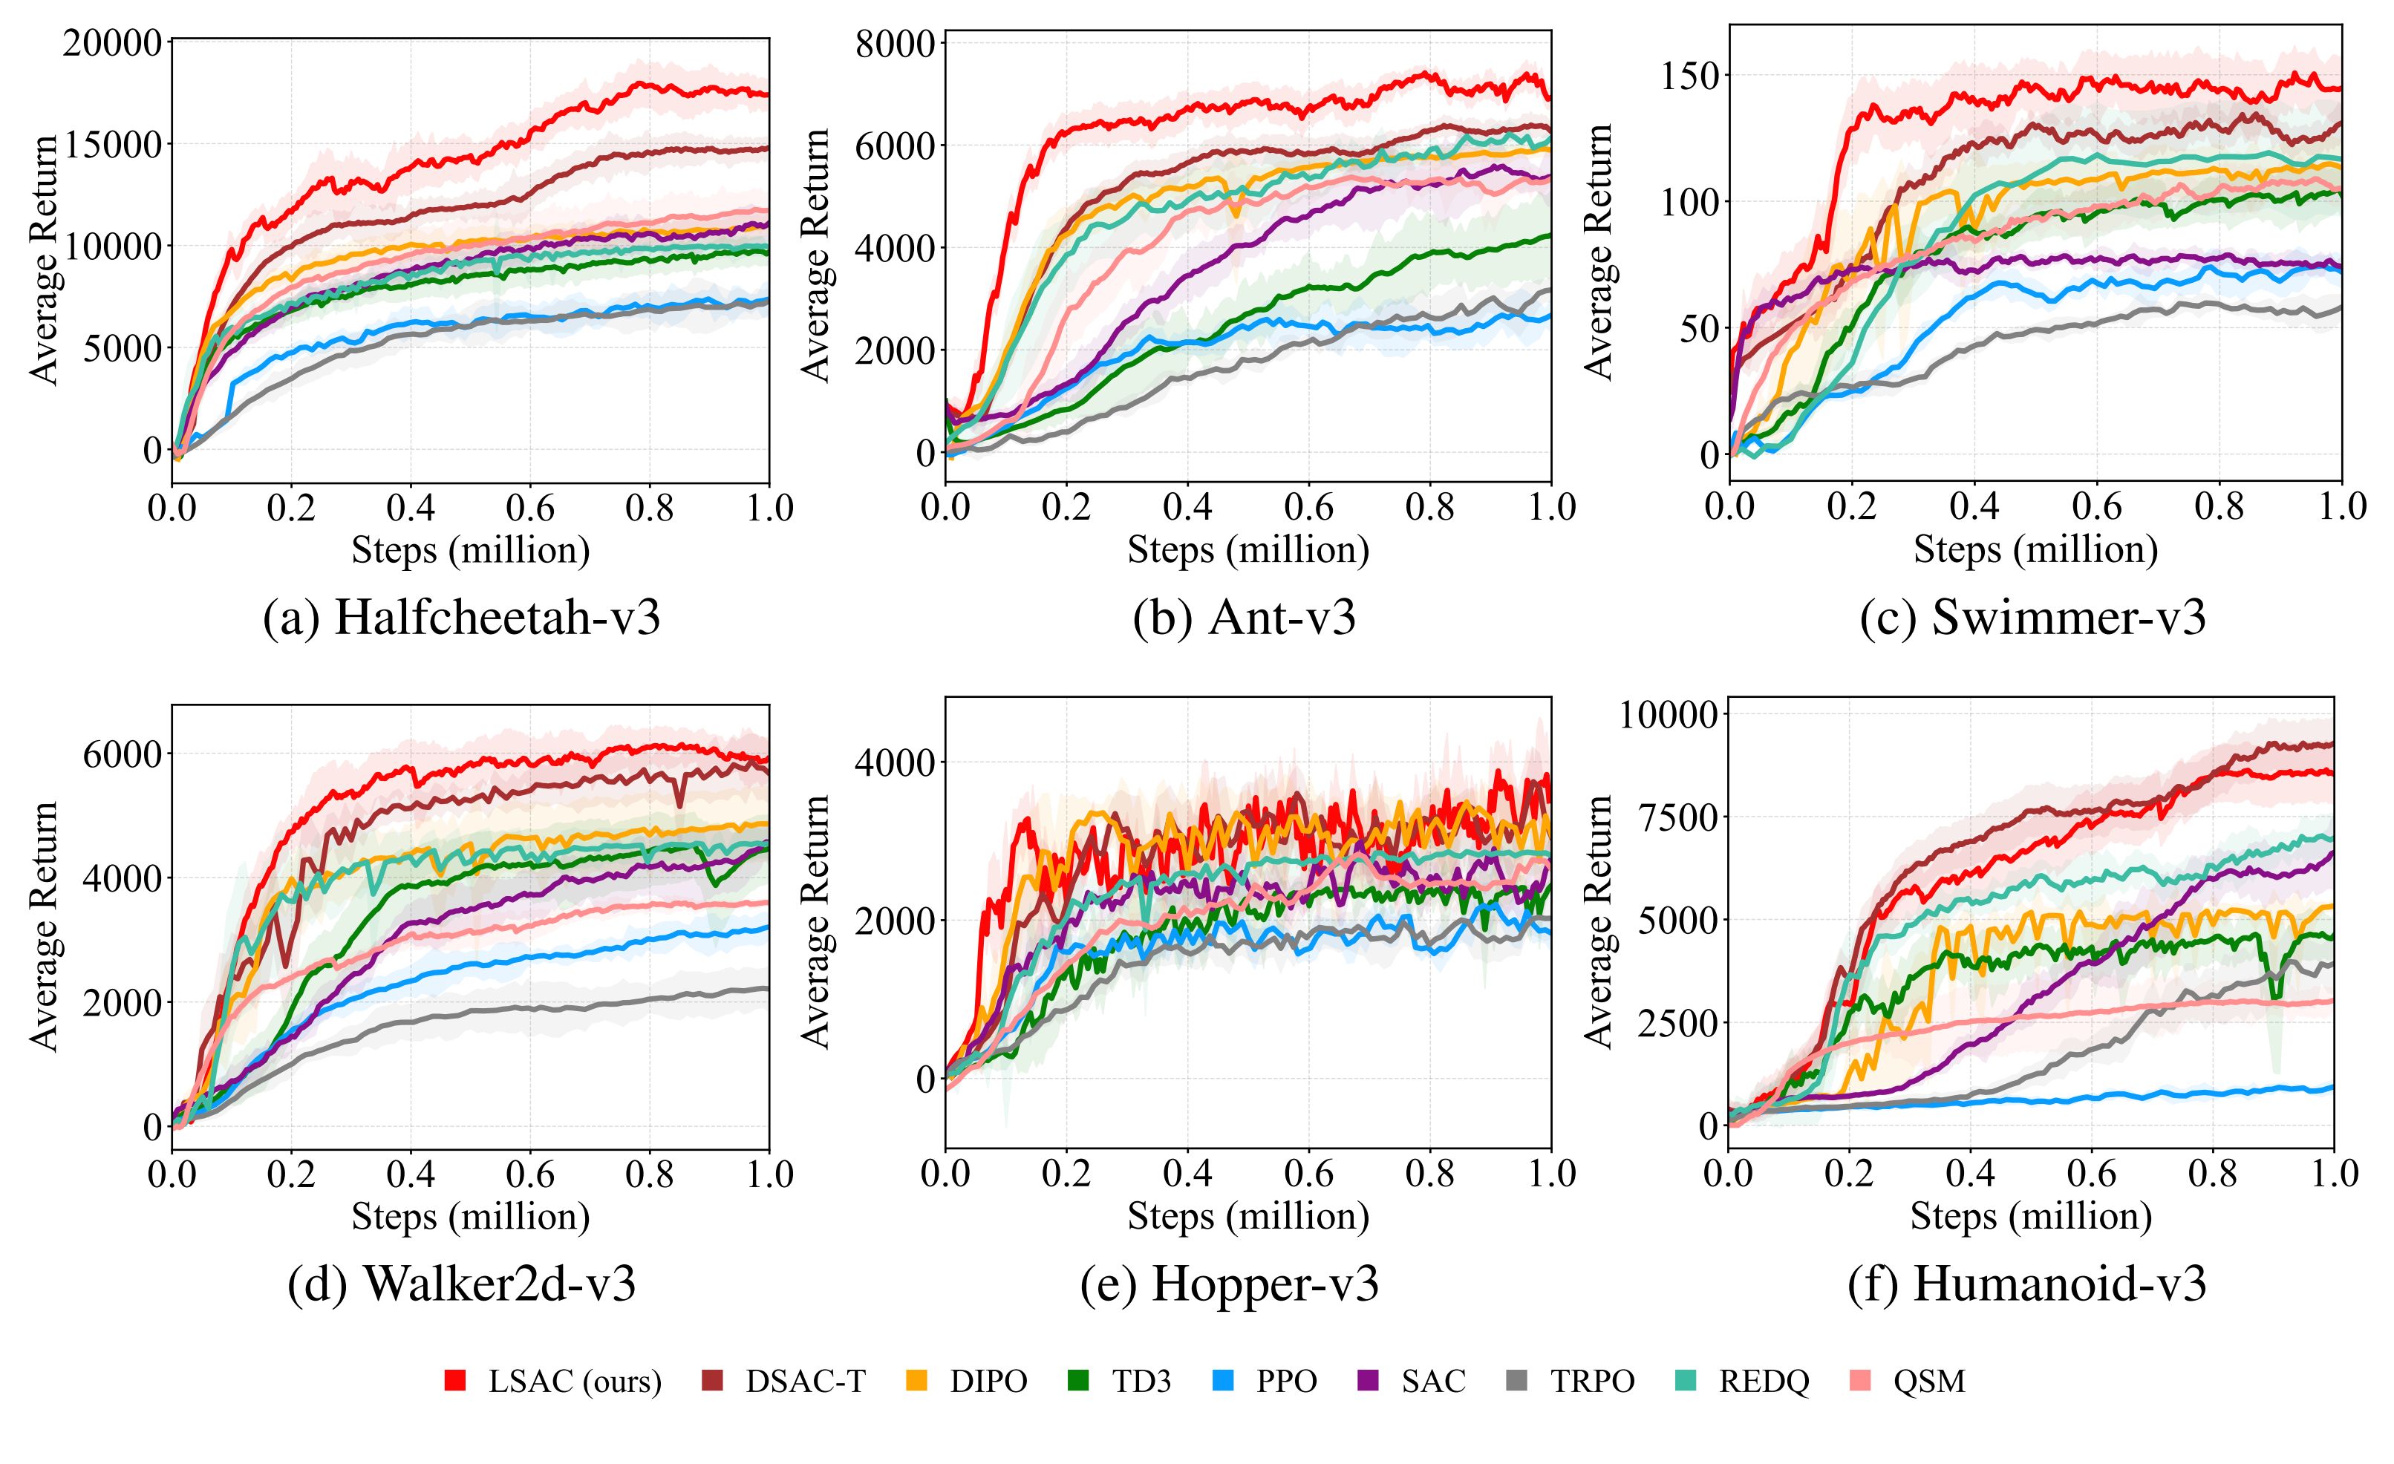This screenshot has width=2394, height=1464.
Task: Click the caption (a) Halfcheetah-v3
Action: pos(462,618)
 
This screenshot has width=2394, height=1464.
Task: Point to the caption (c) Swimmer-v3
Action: pos(2032,618)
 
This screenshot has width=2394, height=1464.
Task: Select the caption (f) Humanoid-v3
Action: pos(2026,1284)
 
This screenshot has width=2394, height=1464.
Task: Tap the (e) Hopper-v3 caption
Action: pos(1229,1284)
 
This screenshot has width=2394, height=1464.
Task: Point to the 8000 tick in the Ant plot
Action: pos(895,45)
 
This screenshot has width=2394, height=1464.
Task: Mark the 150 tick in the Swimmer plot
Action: pos(1689,76)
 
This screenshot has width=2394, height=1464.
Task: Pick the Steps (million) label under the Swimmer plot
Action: pos(2035,550)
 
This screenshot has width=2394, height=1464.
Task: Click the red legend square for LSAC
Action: pos(454,1380)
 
